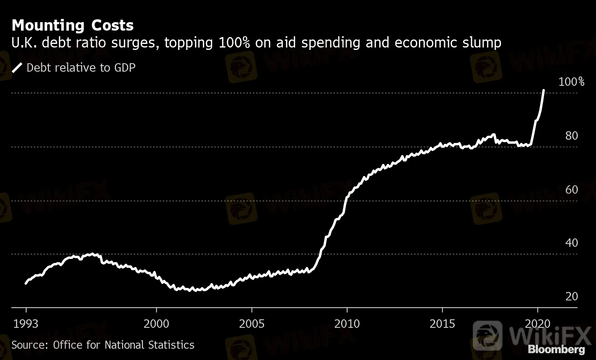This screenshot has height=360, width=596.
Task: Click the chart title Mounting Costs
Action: [x=72, y=25]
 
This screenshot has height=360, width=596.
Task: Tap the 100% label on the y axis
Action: [x=571, y=82]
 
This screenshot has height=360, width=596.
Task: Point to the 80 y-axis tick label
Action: [x=571, y=136]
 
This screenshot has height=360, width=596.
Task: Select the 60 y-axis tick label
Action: [x=571, y=189]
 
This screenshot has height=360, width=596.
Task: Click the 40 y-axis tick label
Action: [x=571, y=243]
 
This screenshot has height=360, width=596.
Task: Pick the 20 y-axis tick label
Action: [x=571, y=296]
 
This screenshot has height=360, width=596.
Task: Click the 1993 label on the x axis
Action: [x=26, y=324]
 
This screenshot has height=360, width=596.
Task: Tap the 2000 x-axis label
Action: [x=157, y=324]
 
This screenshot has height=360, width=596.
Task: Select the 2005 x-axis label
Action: [x=252, y=324]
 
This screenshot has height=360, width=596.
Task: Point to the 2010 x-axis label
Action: [x=347, y=324]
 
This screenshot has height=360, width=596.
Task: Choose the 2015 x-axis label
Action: [x=442, y=324]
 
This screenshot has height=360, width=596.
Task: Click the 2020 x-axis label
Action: [x=538, y=324]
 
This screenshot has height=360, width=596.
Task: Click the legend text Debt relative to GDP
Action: [x=81, y=67]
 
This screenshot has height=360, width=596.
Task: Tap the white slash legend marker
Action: [x=17, y=68]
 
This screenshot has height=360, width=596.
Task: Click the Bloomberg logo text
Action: [x=556, y=349]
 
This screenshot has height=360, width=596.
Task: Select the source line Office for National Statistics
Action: [x=103, y=345]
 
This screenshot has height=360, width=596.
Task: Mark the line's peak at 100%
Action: [x=544, y=91]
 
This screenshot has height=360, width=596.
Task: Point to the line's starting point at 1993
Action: [x=26, y=283]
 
